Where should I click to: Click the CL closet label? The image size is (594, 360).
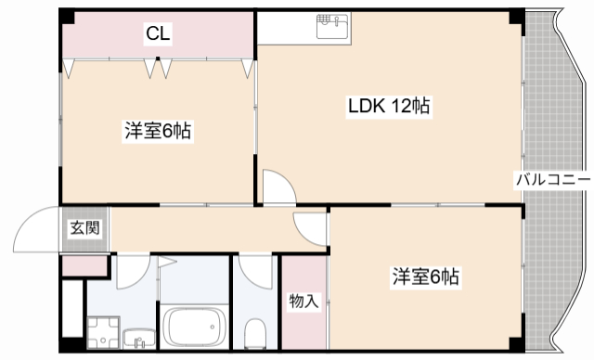158,35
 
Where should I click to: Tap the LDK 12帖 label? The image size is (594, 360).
388,106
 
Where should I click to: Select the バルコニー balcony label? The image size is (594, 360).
553,179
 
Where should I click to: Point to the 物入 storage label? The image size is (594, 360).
303,301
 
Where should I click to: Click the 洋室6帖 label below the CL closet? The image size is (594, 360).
158,132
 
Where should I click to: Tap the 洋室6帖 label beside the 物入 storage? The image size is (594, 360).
426,276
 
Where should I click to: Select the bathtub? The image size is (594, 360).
194,328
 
